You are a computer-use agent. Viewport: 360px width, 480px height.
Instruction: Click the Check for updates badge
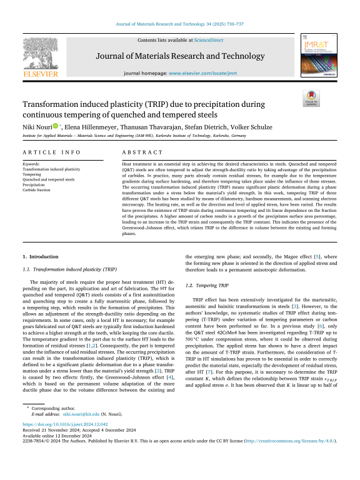point(310,99)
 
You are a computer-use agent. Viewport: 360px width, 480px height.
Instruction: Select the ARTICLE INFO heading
point(45,152)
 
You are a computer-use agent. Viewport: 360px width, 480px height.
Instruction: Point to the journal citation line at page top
point(179,25)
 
